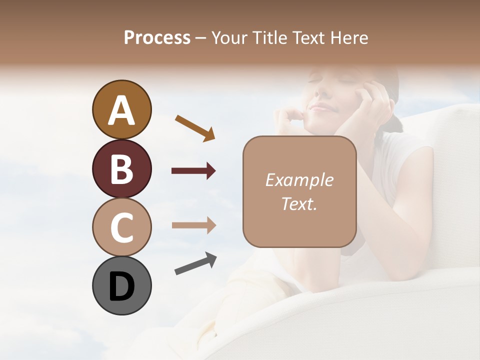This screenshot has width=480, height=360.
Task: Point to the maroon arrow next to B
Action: pos(193,171)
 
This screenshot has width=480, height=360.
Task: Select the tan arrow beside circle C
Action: pos(193,225)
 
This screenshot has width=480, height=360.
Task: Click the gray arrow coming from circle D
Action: pos(195,263)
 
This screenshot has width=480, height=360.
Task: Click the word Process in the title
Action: pos(157,37)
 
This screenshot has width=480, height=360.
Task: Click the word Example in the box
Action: pos(299,180)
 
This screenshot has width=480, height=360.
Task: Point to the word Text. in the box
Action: pos(299,203)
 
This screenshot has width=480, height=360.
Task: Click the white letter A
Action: pos(121,110)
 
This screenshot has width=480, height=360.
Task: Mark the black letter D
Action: pos(121,287)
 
